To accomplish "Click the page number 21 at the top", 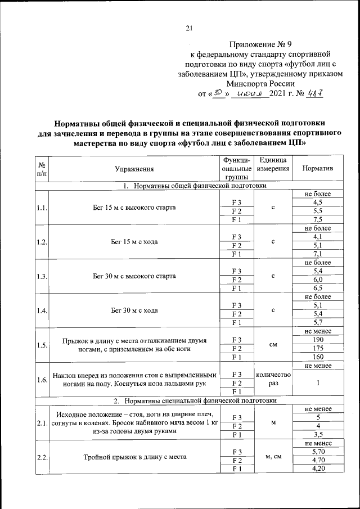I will (189, 29).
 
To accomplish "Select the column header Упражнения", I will (134, 169).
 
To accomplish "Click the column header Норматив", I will (317, 169).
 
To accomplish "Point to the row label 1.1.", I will (41, 208).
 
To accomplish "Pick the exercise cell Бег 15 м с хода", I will (134, 242).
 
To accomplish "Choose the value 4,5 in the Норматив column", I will (317, 202).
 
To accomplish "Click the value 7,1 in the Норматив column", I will (317, 254).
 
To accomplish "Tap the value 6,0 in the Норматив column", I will (317, 280).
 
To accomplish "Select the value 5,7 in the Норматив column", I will (317, 323).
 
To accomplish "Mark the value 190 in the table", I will (317, 340).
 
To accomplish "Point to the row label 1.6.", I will (41, 380).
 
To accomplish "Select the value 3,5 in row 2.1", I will (317, 434).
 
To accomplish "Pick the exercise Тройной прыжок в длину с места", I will (134, 457).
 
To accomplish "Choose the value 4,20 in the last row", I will (317, 469).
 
